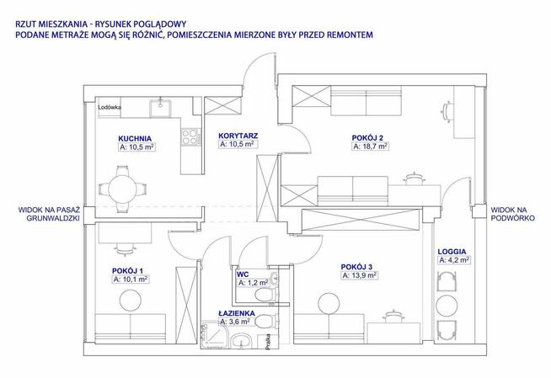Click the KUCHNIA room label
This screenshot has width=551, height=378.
(135, 138)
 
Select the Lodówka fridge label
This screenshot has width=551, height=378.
(110, 108)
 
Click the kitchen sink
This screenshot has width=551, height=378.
(161, 107)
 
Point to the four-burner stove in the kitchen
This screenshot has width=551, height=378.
(191, 137)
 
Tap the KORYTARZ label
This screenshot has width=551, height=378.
(238, 136)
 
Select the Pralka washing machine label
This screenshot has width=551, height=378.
(268, 342)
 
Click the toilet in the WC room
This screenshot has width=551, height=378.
(265, 295)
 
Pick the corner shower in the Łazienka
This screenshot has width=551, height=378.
(210, 336)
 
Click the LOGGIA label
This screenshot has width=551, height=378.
(452, 252)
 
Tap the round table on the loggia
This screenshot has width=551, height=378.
(447, 306)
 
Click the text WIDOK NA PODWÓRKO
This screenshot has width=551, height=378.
(513, 214)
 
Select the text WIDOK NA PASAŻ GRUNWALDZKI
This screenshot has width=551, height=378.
(49, 214)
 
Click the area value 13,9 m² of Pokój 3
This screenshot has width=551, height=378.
(360, 275)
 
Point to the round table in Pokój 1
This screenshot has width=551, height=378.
(131, 301)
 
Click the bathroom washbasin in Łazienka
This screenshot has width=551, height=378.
(241, 341)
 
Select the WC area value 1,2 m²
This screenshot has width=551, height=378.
(254, 283)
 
